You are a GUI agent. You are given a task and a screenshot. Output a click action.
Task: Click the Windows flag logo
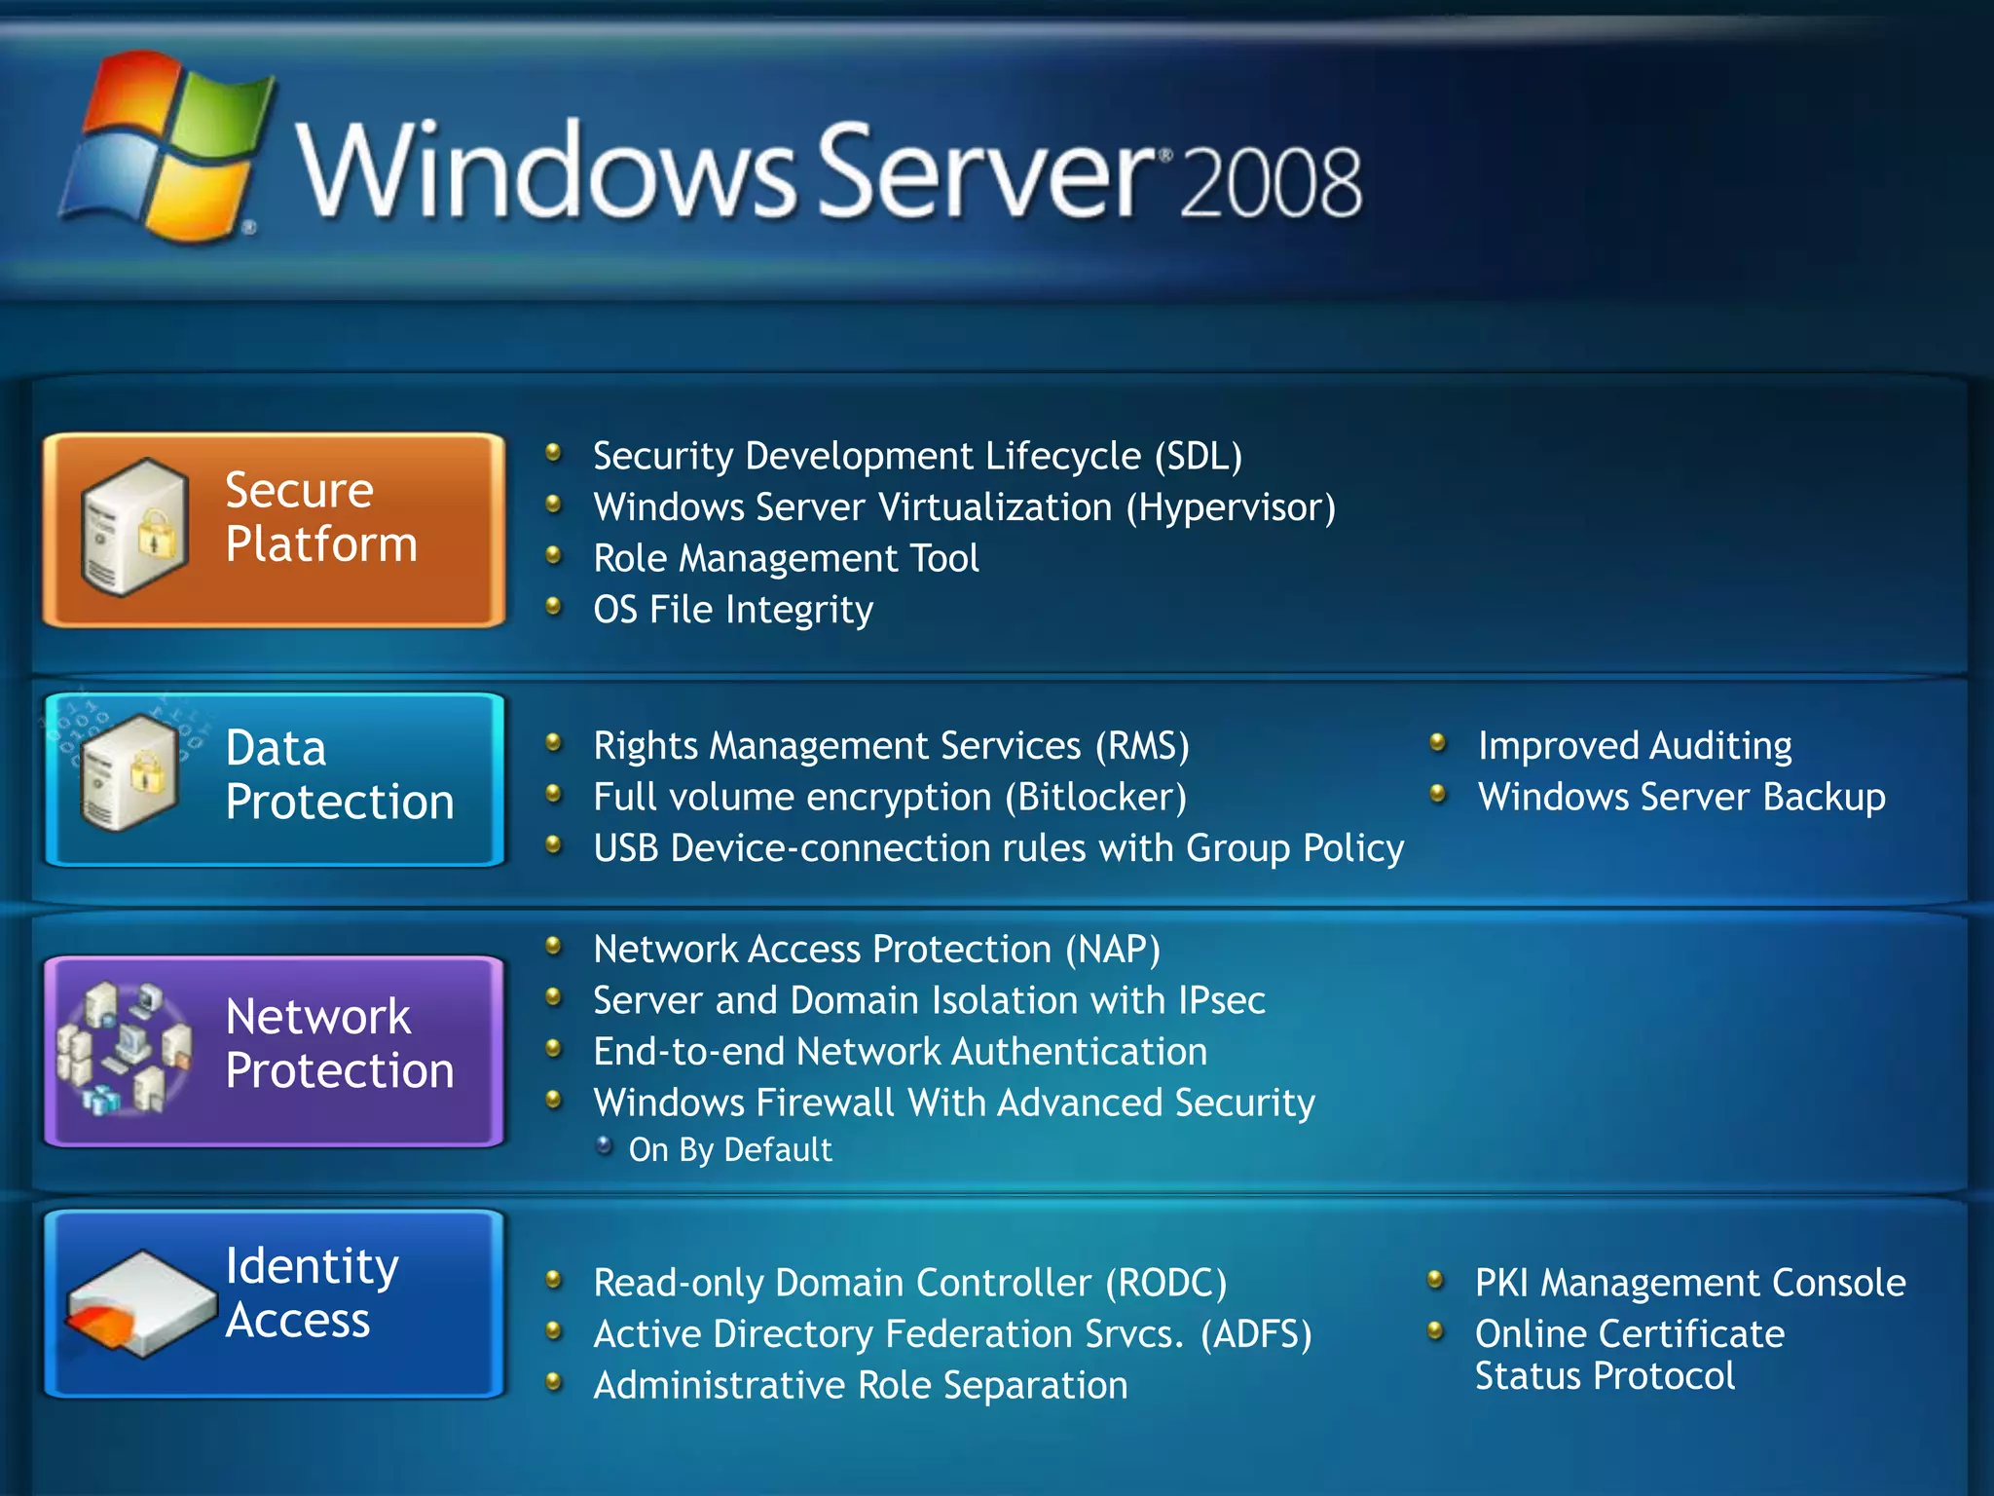click(x=166, y=146)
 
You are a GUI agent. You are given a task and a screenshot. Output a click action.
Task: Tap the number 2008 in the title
click(x=1271, y=182)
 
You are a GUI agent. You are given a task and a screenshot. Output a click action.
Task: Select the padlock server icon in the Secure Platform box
click(x=134, y=526)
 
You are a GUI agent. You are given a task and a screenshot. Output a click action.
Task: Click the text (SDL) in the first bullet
click(x=1199, y=457)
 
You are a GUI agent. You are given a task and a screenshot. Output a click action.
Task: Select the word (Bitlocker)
click(x=1095, y=798)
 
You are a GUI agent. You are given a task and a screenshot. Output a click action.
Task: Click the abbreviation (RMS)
click(x=1142, y=746)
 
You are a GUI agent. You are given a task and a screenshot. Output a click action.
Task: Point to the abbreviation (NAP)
click(x=1112, y=950)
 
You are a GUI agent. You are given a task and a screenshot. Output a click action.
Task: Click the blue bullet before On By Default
click(x=605, y=1145)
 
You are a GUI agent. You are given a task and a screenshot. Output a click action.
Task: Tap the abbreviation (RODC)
click(x=1165, y=1284)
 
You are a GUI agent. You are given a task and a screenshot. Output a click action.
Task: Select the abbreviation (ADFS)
click(x=1256, y=1334)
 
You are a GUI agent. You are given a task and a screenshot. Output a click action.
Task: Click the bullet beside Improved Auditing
click(x=1438, y=744)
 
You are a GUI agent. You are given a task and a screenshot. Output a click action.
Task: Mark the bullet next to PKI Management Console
click(x=1435, y=1280)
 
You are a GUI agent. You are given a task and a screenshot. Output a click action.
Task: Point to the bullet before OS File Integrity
click(x=554, y=607)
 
